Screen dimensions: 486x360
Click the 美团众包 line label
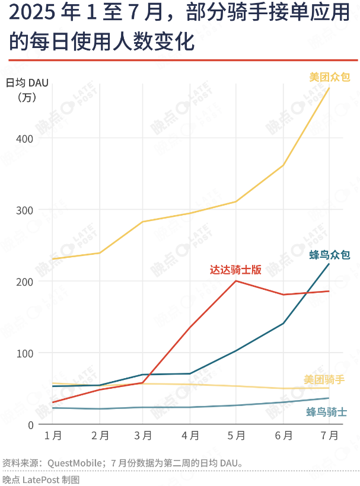coord(329,77)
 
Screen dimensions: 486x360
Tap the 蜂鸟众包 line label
coord(329,255)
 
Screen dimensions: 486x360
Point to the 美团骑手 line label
coord(324,379)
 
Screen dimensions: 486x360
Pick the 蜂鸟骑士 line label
coord(327,412)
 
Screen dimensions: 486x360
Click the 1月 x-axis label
coord(53,436)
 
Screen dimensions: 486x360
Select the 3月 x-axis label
coord(144,436)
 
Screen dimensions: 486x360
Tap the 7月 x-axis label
coord(329,436)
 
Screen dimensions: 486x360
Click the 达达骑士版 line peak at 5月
coord(236,281)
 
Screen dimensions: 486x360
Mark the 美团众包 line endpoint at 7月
coord(329,88)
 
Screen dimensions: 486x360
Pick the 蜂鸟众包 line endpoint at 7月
coord(329,263)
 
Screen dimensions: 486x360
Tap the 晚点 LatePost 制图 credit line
coord(40,479)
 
